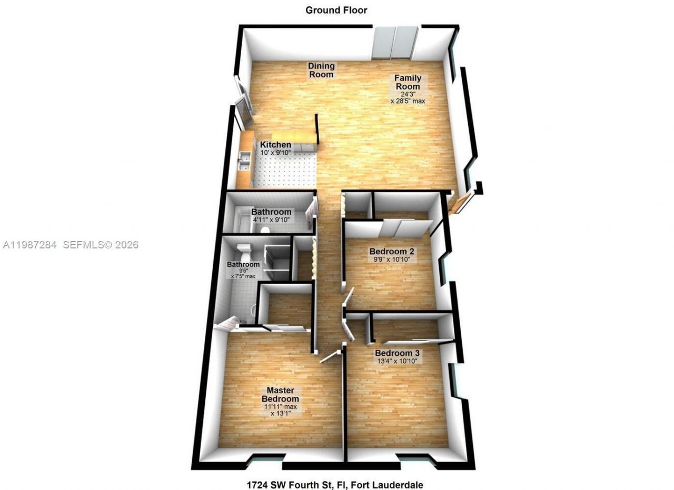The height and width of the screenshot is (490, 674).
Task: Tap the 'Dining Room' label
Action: pos(321,70)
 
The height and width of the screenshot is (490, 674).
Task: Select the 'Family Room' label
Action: pos(408,82)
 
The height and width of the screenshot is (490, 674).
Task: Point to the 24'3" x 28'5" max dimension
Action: pos(408,97)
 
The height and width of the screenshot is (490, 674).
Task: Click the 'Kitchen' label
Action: pos(275,145)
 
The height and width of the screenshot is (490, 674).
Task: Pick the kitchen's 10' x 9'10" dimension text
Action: pos(275,153)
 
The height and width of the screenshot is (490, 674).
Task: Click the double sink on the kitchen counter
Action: pos(243,161)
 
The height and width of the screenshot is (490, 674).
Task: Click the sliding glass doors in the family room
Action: pos(395,43)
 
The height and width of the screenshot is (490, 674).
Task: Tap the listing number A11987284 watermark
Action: pos(31,245)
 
